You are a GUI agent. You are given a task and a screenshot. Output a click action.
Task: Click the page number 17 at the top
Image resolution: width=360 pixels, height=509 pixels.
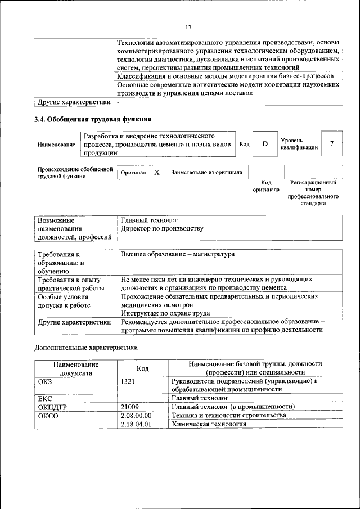pyautogui.click(x=188, y=27)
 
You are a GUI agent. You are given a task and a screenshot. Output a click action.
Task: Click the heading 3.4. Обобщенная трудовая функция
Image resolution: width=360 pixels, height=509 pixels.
pyautogui.click(x=93, y=119)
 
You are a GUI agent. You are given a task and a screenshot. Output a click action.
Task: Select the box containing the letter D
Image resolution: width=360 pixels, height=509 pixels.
pyautogui.click(x=264, y=144)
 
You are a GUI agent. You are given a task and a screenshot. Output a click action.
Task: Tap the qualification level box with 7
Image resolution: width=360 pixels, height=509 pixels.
pyautogui.click(x=332, y=144)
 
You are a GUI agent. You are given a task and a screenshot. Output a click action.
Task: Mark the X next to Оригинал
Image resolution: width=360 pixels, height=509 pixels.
pyautogui.click(x=157, y=173)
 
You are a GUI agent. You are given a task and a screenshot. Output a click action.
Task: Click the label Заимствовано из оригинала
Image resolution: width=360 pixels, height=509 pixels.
pyautogui.click(x=206, y=173)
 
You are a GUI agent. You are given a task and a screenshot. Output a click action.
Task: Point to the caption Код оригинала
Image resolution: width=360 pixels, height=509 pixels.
pyautogui.click(x=266, y=186)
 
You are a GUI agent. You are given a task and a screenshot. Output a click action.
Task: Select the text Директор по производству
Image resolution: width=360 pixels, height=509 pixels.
pyautogui.click(x=162, y=229)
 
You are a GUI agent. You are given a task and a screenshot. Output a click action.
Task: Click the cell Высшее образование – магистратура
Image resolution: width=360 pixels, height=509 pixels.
pyautogui.click(x=177, y=254)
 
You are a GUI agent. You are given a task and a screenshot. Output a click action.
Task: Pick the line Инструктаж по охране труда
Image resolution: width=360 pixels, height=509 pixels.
pyautogui.click(x=165, y=313)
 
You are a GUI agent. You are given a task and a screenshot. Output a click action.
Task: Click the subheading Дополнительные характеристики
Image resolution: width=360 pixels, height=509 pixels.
pyautogui.click(x=86, y=348)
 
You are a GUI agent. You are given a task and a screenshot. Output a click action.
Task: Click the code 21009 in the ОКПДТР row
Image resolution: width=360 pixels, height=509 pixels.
pyautogui.click(x=130, y=407)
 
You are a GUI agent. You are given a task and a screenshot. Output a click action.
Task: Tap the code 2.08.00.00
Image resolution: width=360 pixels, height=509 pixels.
pyautogui.click(x=136, y=415)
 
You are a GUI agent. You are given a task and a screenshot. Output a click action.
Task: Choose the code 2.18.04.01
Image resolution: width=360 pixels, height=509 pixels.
pyautogui.click(x=136, y=424)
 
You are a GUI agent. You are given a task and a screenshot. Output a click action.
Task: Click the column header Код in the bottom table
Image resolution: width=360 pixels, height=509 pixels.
pyautogui.click(x=142, y=368)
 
